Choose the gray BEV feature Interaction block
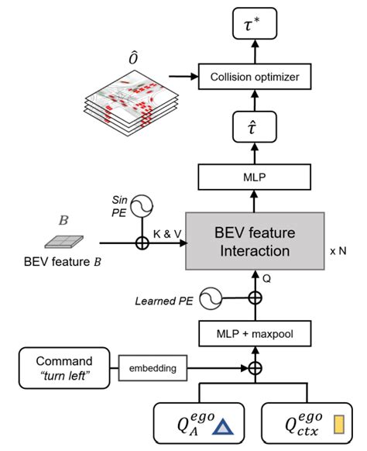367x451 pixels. point(255,241)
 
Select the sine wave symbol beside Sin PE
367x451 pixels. point(143,205)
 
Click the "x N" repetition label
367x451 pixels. point(338,251)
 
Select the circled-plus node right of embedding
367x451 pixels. point(255,366)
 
